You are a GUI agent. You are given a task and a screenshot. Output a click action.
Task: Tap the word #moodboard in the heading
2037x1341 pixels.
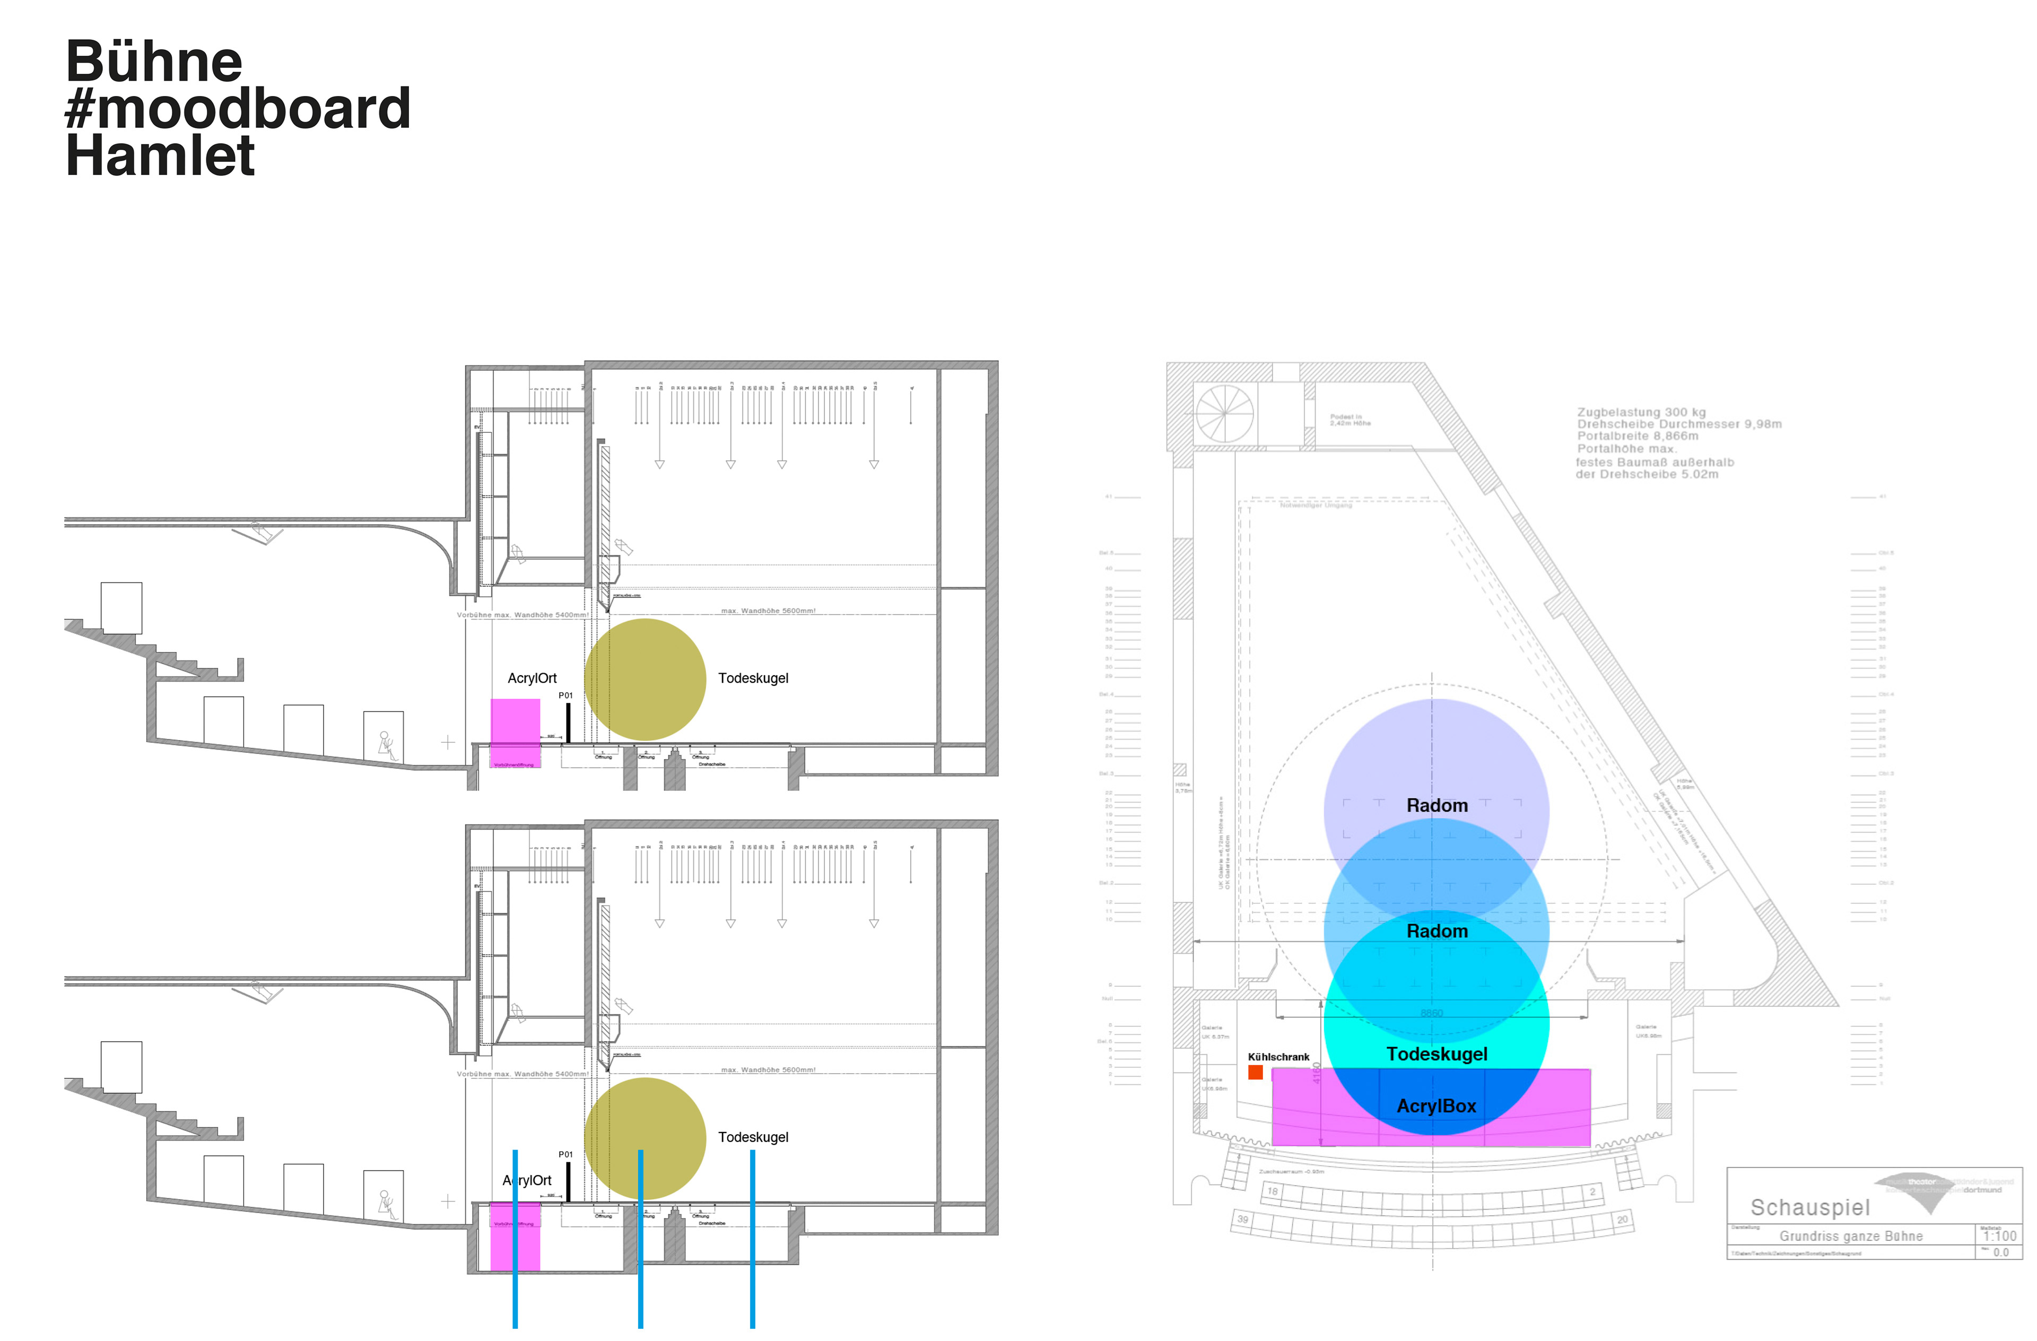pyautogui.click(x=238, y=109)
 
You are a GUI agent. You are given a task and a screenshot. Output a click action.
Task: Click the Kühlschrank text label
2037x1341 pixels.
pyautogui.click(x=1278, y=1057)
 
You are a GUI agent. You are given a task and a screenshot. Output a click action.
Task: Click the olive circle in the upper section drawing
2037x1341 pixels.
pyautogui.click(x=646, y=680)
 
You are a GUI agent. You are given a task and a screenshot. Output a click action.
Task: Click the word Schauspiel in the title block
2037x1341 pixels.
pyautogui.click(x=1809, y=1207)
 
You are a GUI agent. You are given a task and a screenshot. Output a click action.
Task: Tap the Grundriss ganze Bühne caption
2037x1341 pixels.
pyautogui.click(x=1850, y=1236)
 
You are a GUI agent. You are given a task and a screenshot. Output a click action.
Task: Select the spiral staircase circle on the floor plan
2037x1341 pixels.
pyautogui.click(x=1225, y=413)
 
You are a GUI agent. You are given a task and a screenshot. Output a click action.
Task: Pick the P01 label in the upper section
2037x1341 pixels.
pyautogui.click(x=565, y=695)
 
